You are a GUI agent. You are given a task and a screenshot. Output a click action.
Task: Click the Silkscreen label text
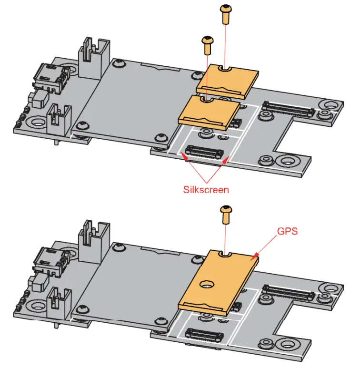click(206, 189)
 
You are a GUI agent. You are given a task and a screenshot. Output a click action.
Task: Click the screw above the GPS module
click(226, 215)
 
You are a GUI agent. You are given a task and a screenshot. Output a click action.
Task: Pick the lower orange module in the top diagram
click(210, 111)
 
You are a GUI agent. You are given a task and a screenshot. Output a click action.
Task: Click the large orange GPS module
click(217, 281)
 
